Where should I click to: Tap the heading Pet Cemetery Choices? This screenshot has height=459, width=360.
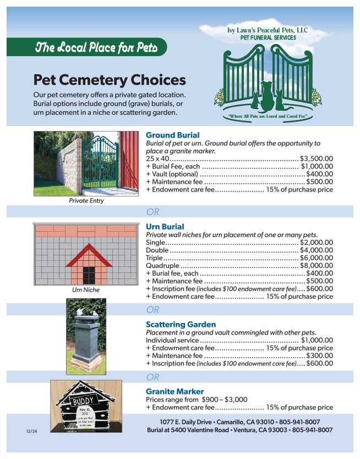point(110,80)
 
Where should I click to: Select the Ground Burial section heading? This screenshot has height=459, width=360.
point(172,135)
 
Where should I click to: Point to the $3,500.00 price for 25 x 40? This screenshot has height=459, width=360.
point(317,159)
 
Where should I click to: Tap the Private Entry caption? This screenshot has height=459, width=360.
point(86,201)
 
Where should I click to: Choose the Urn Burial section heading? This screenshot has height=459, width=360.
point(165,227)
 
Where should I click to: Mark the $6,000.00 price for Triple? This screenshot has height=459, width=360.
point(317,258)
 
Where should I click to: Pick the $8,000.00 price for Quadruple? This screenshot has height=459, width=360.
point(317,265)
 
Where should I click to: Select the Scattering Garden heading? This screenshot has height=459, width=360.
point(181,325)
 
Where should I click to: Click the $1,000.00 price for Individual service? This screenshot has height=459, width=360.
point(317,340)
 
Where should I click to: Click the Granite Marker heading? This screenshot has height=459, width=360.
point(174,392)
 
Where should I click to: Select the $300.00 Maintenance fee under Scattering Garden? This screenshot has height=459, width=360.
point(319,356)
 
